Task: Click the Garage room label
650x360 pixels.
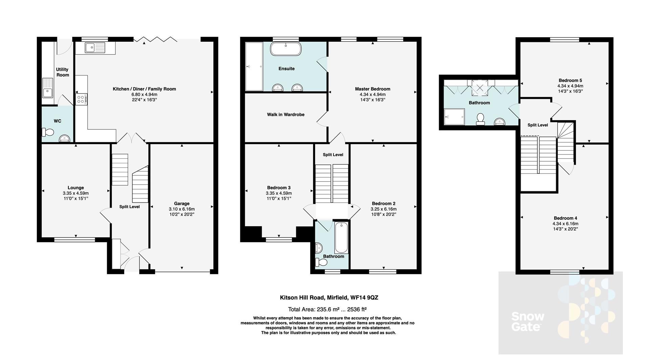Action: click(x=182, y=204)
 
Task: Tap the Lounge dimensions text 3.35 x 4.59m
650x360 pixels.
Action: click(x=75, y=193)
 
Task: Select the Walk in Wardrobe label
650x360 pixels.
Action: click(x=285, y=114)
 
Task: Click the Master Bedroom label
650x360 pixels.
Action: click(x=372, y=89)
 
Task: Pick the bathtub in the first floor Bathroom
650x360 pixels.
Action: click(x=341, y=238)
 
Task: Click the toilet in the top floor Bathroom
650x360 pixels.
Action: click(x=480, y=119)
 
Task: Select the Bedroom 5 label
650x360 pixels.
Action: click(x=570, y=80)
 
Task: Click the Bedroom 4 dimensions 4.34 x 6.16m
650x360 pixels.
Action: click(x=565, y=224)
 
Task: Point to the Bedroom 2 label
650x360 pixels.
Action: click(x=383, y=204)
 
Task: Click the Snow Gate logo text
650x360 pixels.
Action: click(x=527, y=321)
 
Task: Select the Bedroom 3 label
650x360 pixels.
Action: click(x=279, y=188)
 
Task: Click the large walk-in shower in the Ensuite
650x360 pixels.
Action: click(x=254, y=66)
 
